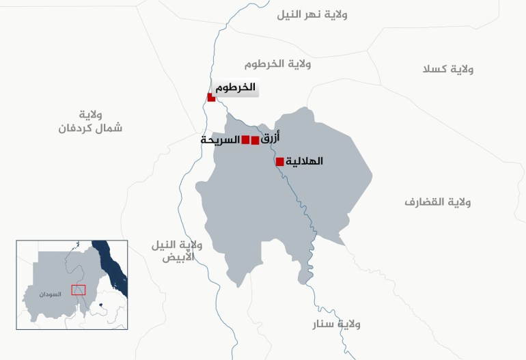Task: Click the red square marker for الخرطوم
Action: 212,98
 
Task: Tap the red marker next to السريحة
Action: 245,140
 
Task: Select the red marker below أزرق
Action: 255,141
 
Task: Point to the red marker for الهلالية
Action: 279,162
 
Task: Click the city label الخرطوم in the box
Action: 235,87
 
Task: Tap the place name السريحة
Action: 220,139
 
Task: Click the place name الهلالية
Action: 303,161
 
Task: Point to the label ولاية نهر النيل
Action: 312,14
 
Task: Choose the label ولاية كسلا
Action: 448,69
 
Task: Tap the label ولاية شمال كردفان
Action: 90,121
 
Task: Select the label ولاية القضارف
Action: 438,202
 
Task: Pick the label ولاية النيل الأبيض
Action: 178,251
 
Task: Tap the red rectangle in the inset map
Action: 79,290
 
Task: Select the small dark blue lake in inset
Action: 100,305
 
